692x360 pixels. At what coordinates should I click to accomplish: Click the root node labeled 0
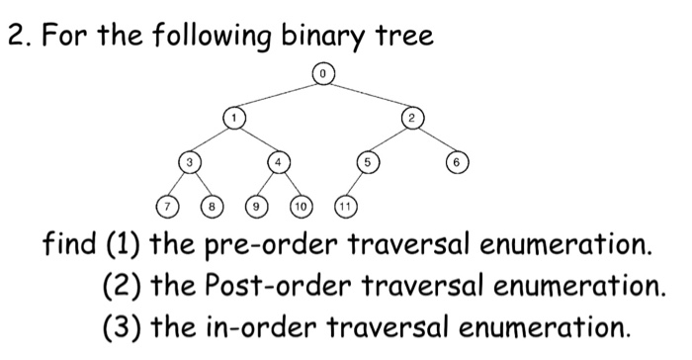pyautogui.click(x=322, y=71)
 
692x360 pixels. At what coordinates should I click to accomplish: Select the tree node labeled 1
pyautogui.click(x=234, y=118)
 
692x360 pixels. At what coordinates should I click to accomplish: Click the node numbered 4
pyautogui.click(x=279, y=162)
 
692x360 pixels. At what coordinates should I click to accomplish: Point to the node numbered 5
pyautogui.click(x=367, y=162)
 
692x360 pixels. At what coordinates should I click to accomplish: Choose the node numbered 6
pyautogui.click(x=454, y=162)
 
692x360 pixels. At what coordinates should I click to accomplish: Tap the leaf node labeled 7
pyautogui.click(x=169, y=207)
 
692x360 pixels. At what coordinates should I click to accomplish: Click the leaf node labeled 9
pyautogui.click(x=257, y=207)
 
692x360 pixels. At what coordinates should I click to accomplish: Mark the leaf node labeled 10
pyautogui.click(x=301, y=207)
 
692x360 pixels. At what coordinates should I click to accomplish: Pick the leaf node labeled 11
pyautogui.click(x=345, y=207)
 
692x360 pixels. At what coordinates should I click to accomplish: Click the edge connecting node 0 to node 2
pyautogui.click(x=367, y=95)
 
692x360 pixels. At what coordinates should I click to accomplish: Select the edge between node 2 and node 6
pyautogui.click(x=432, y=140)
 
